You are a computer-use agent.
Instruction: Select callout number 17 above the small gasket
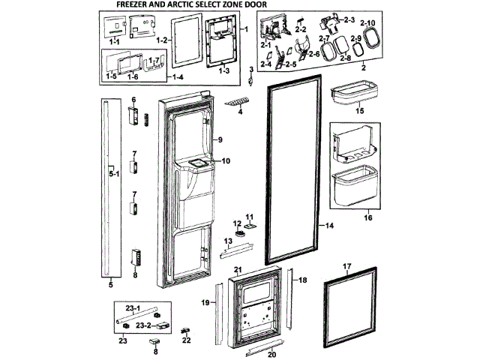tap(347, 267)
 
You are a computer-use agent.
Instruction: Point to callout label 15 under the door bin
tap(359, 110)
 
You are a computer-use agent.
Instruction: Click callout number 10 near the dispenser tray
tap(226, 160)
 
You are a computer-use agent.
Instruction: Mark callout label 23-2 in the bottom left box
tap(143, 325)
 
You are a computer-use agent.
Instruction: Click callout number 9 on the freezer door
tap(221, 140)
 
